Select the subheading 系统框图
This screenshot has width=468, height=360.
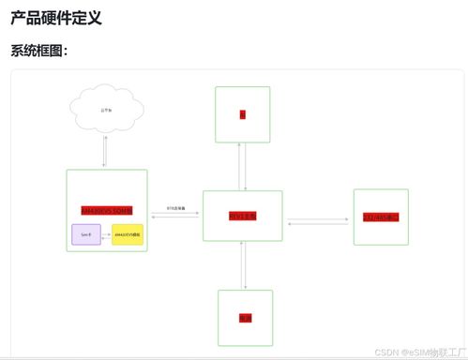point(46,51)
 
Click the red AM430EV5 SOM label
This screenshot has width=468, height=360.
point(107,210)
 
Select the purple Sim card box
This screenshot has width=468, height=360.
point(85,234)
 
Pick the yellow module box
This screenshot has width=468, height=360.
point(128,234)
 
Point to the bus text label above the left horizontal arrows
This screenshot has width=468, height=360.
point(176,207)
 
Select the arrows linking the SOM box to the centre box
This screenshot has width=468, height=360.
point(174,215)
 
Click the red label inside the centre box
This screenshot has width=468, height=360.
point(242,216)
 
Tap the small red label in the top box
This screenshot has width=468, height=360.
point(242,114)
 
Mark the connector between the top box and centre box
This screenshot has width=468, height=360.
point(243,167)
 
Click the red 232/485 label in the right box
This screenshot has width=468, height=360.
point(381,217)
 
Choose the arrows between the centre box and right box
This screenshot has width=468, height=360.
point(318,222)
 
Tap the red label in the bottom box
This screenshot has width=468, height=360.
point(245,318)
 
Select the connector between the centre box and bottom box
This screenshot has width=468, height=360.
point(244,265)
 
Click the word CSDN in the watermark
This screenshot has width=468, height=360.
point(387,352)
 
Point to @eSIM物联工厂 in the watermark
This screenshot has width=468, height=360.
point(433,352)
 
